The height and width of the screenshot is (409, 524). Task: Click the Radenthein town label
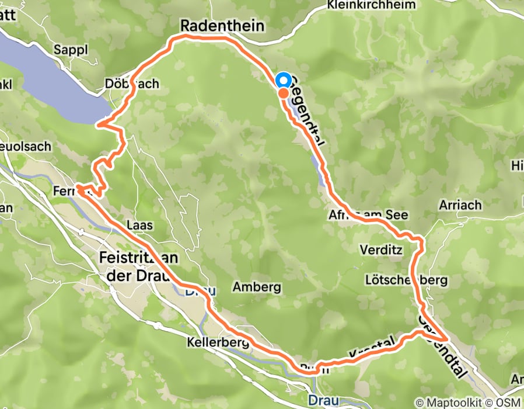coord(222,26)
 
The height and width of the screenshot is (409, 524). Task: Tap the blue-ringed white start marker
coord(283,81)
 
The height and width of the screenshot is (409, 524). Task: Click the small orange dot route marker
coord(282,92)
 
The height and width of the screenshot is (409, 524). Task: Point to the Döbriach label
coord(132,84)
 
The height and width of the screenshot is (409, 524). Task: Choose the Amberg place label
coord(257,287)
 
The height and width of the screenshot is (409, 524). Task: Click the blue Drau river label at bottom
coord(320,400)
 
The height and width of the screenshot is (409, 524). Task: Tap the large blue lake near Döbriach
coord(53,76)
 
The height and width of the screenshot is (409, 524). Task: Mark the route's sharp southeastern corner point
coord(447,339)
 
